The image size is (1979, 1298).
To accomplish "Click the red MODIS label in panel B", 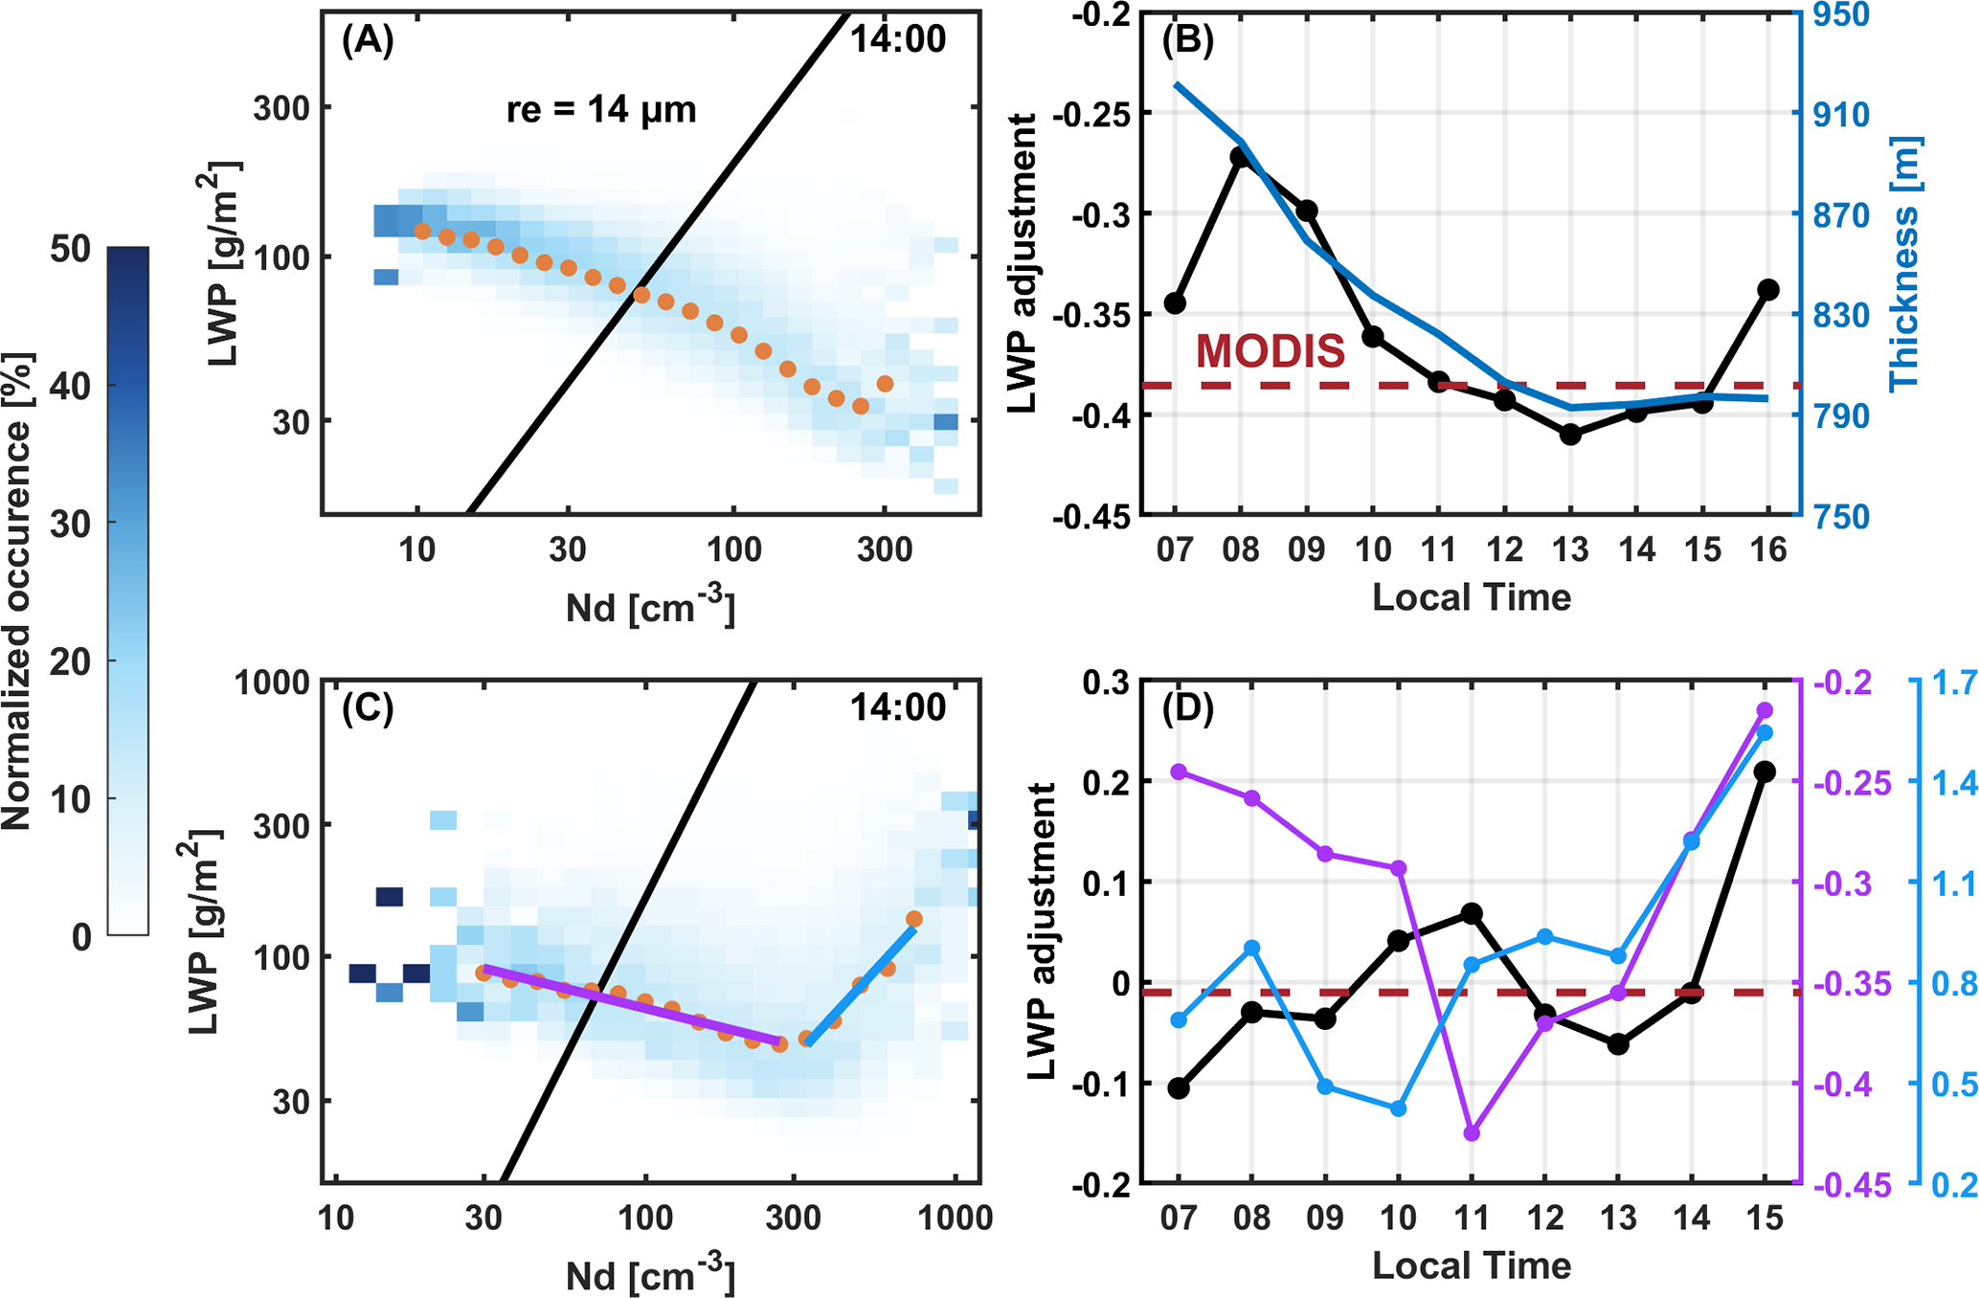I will [1270, 351].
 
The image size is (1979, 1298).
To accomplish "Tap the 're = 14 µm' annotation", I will [601, 110].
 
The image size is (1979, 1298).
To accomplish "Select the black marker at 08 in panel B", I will [1242, 158].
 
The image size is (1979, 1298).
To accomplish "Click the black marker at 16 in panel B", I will [1767, 290].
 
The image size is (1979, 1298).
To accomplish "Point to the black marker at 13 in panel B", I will [1570, 435].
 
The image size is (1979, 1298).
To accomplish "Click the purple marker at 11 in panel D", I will [1473, 1133].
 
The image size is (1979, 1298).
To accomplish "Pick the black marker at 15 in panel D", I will [1765, 772].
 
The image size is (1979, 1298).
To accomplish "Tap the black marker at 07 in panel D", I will [1179, 1088].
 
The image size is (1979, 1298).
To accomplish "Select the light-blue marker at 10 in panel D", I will [1398, 1108].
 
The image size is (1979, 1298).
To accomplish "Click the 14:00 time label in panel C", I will [897, 708].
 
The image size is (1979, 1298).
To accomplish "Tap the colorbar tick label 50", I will [70, 250].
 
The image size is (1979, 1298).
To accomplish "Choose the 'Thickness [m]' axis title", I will [1905, 263].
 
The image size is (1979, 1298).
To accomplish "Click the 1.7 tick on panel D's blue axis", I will [1954, 683].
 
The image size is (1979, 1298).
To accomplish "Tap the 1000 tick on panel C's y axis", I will [274, 683].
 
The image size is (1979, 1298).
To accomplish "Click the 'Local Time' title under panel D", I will [1472, 1265].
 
